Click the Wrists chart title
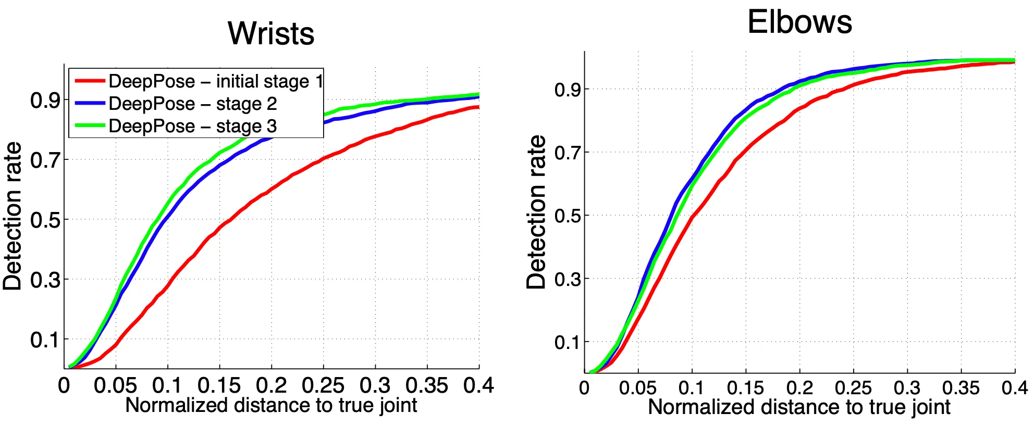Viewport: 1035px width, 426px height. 271,33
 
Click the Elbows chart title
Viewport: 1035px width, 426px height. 799,22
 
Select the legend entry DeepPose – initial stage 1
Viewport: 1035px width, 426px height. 216,81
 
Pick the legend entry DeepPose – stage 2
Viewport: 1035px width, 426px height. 193,104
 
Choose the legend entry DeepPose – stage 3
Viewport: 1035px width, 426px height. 193,126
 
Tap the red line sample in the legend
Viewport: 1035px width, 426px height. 90,81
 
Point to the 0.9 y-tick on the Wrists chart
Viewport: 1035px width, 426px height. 45,100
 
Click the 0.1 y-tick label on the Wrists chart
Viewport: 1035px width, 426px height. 45,340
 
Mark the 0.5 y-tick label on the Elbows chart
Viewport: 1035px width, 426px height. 568,216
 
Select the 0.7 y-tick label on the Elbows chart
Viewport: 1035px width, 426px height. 568,153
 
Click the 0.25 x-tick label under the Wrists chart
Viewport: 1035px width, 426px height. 323,386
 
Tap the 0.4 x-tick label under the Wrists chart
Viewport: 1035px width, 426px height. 478,386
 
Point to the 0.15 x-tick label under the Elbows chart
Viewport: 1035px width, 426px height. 745,388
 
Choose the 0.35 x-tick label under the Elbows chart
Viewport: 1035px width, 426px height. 960,388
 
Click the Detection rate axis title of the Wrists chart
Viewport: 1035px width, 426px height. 13,216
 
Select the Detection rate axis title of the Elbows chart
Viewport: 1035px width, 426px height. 536,212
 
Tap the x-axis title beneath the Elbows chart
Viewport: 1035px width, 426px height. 799,407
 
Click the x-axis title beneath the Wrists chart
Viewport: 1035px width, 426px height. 271,405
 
